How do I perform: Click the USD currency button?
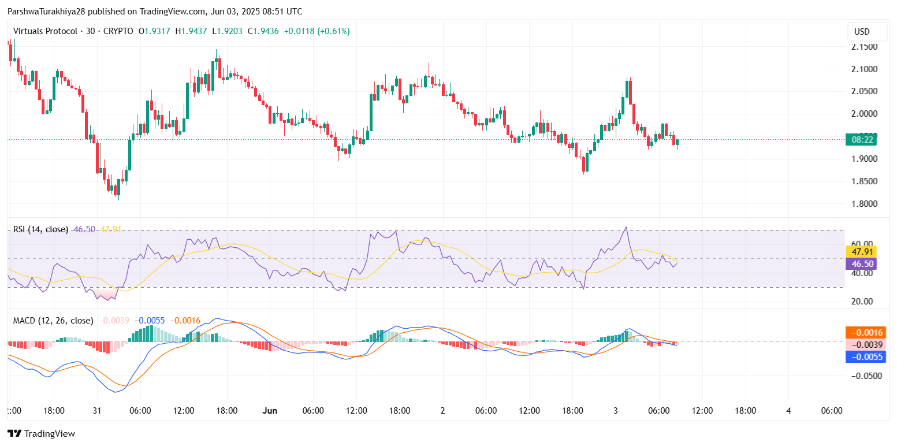pyautogui.click(x=862, y=32)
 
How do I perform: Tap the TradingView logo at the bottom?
pyautogui.click(x=41, y=433)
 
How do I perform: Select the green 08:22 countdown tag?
pyautogui.click(x=861, y=139)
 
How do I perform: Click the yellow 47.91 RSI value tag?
pyautogui.click(x=861, y=251)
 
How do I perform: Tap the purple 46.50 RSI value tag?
pyautogui.click(x=861, y=264)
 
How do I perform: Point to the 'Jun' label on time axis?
pyautogui.click(x=270, y=411)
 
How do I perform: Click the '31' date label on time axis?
pyautogui.click(x=96, y=411)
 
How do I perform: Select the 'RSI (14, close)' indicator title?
pyautogui.click(x=40, y=229)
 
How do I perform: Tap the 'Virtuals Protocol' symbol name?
pyautogui.click(x=45, y=31)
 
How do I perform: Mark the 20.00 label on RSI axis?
pyautogui.click(x=862, y=302)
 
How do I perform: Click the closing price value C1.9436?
pyautogui.click(x=263, y=31)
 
